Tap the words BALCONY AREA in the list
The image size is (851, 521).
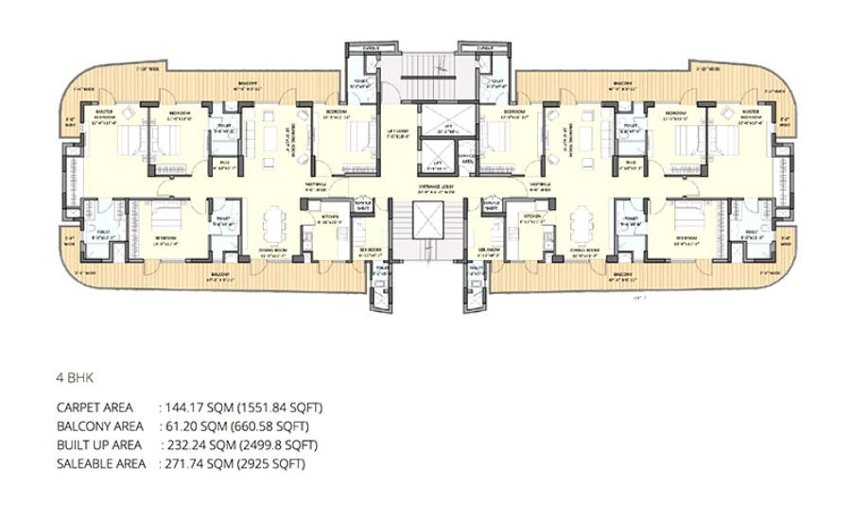(99, 426)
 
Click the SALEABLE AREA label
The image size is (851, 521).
(101, 464)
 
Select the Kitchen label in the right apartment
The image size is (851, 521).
(532, 217)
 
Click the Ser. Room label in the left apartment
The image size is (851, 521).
(369, 250)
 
